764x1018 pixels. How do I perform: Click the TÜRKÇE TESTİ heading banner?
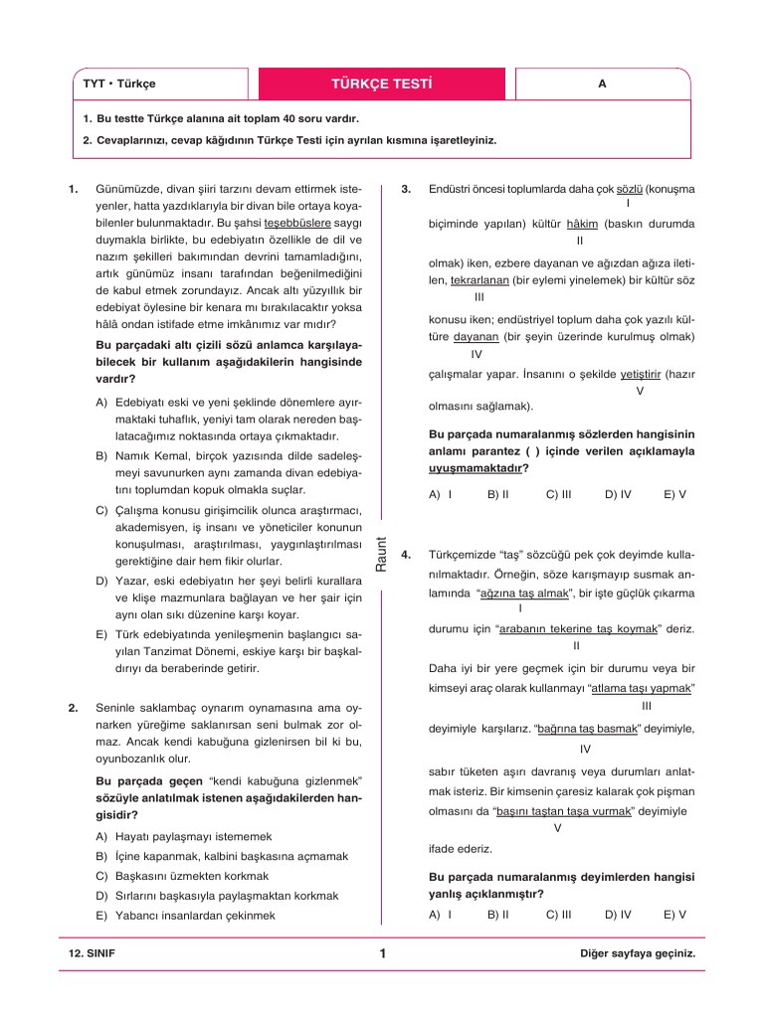(x=381, y=84)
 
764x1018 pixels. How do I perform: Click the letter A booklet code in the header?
(x=602, y=85)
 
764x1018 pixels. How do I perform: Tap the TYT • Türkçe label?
(x=118, y=85)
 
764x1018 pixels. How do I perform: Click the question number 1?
(x=73, y=188)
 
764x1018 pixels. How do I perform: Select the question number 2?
(x=73, y=708)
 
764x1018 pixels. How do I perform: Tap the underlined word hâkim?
(x=580, y=224)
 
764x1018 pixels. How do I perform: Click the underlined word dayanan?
(x=477, y=337)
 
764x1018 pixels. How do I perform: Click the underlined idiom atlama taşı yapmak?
(x=642, y=688)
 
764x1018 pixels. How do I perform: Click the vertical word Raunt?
(x=380, y=553)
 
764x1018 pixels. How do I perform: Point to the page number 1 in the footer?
(x=382, y=953)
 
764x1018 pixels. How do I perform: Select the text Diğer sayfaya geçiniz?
(x=637, y=953)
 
